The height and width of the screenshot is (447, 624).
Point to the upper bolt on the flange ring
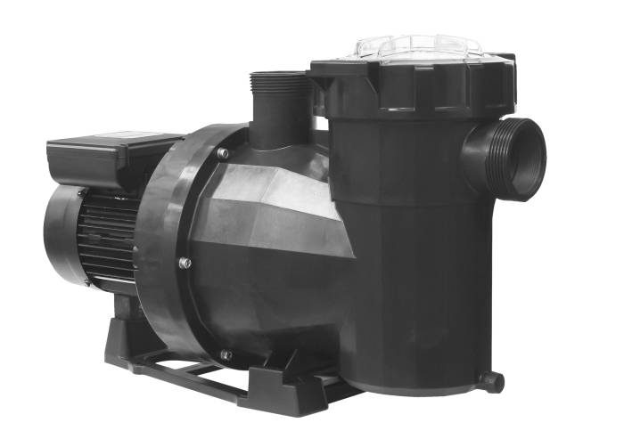click(x=222, y=154)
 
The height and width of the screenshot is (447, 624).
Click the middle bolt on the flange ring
click(x=185, y=263)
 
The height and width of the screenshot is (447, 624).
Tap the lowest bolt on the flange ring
click(x=226, y=354)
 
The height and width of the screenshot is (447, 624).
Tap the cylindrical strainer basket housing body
click(x=419, y=249)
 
